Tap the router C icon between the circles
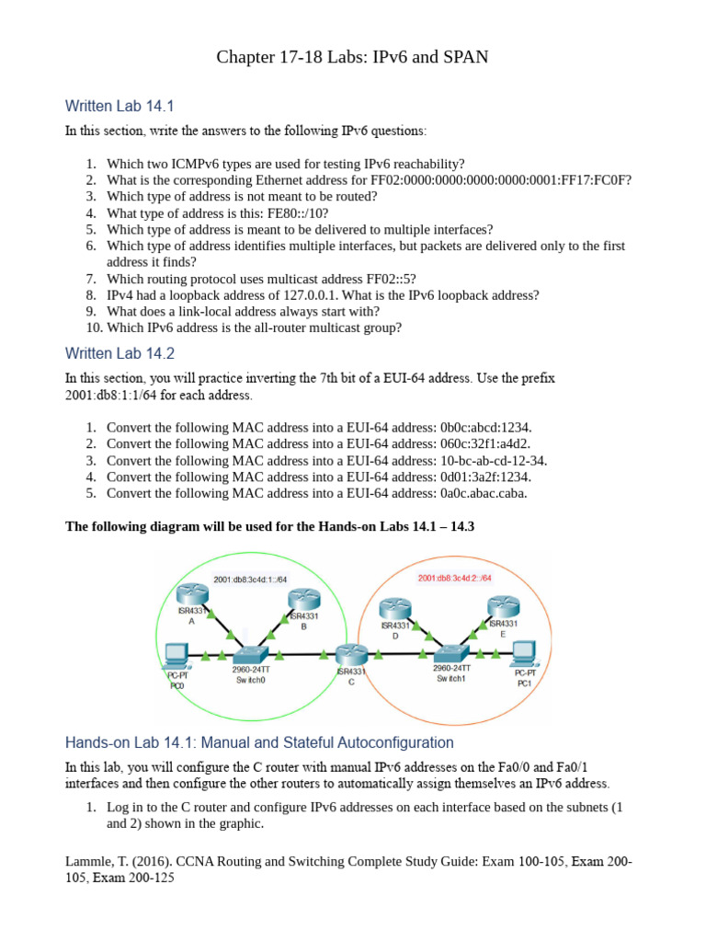coord(350,655)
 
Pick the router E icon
coord(503,607)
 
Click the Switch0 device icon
coord(249,654)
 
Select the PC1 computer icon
coord(524,653)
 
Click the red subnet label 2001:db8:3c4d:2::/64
coord(455,578)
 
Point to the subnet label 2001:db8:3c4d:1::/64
coord(250,580)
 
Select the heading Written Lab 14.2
coord(120,353)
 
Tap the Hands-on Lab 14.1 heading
coord(259,741)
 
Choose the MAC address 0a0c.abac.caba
coord(483,493)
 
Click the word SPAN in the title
coord(465,58)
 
